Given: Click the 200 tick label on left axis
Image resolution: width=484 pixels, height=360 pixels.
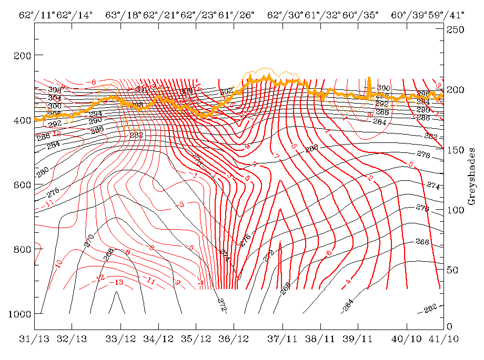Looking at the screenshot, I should click(x=21, y=55).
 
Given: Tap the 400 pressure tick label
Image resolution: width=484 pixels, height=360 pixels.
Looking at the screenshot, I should click(x=21, y=120).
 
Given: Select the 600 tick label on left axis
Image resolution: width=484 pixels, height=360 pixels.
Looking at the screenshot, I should click(x=21, y=184).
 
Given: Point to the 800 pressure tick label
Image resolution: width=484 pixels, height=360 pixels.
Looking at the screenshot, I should click(x=21, y=249).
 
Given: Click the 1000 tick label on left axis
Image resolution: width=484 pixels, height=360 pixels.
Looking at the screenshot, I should click(x=19, y=313).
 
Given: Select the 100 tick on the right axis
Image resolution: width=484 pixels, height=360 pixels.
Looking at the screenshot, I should click(x=456, y=210).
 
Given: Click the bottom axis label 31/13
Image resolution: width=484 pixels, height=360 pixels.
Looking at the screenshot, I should click(x=34, y=339).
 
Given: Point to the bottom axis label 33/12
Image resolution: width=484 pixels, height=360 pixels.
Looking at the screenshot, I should click(x=120, y=339).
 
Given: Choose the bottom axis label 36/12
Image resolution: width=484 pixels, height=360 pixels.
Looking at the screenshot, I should click(x=234, y=339).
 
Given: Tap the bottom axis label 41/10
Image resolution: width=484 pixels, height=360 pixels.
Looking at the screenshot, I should click(x=442, y=339).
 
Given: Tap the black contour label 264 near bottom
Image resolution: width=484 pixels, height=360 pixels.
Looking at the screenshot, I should click(x=348, y=306).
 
